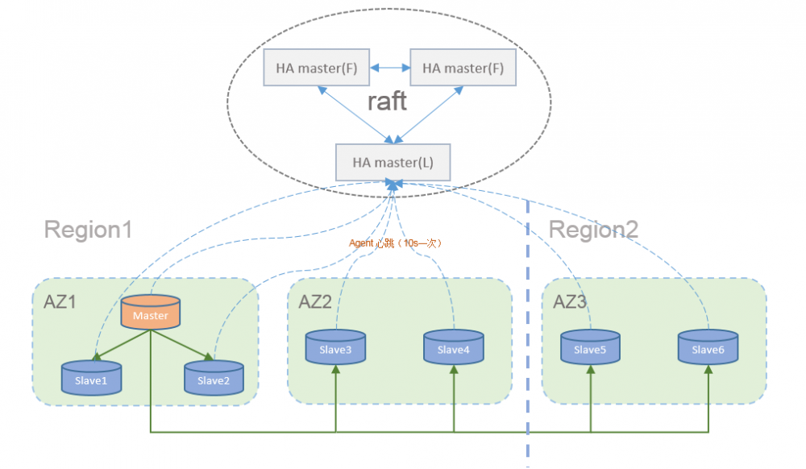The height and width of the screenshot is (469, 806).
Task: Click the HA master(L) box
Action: [x=393, y=162]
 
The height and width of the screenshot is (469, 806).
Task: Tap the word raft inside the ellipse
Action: [x=387, y=102]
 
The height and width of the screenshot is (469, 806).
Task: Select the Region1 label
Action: [x=88, y=230]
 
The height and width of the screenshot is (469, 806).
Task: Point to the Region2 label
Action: [x=593, y=230]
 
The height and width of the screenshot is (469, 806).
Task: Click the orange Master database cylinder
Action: [x=150, y=314]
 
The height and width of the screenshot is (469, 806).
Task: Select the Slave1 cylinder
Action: [x=91, y=379]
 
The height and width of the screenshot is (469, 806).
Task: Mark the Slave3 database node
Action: [x=334, y=348]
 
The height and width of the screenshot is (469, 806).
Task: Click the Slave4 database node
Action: [x=453, y=348]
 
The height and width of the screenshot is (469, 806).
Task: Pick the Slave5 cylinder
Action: [x=591, y=348]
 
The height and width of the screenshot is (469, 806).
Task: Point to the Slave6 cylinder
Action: [x=708, y=348]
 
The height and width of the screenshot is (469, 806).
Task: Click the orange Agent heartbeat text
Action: [x=396, y=243]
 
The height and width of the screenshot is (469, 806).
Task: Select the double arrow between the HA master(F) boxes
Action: [x=389, y=68]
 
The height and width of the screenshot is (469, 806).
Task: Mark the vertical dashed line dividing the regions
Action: [x=528, y=338]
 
